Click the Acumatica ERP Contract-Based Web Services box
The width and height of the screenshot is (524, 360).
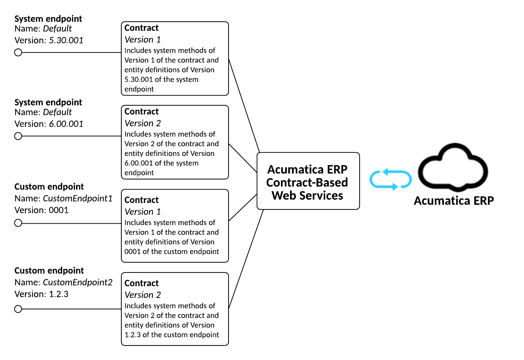pos(308,181)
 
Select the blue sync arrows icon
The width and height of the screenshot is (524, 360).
pos(390,179)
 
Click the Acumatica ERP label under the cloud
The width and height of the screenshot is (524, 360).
pos(454,201)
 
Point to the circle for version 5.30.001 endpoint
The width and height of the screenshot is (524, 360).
pos(18,52)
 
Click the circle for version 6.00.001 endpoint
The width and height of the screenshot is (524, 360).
pos(18,136)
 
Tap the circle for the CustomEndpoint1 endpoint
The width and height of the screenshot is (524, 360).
pos(18,223)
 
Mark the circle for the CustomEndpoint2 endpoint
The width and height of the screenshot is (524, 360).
pos(18,309)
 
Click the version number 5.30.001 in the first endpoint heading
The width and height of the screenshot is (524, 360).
pos(66,40)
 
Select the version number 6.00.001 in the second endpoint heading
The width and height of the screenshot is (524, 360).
pos(66,124)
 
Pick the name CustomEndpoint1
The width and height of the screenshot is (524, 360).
pos(77,198)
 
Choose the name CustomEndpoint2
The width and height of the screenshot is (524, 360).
pos(77,282)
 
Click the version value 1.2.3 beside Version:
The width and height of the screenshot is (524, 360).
pos(59,294)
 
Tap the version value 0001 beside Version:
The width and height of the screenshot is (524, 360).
pos(59,210)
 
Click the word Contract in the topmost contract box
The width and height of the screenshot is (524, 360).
pos(142,28)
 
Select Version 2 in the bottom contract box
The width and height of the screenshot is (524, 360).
pos(143,295)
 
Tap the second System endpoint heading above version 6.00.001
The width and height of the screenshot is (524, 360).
pos(48,102)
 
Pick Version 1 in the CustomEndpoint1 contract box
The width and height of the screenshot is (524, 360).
pos(143,212)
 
